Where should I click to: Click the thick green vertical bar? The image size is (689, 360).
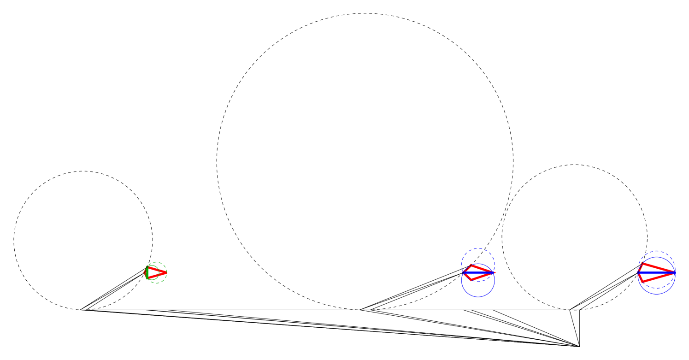pyautogui.click(x=147, y=273)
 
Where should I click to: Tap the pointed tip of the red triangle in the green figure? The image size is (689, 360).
pyautogui.click(x=166, y=272)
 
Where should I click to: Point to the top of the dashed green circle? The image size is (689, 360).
pyautogui.click(x=157, y=262)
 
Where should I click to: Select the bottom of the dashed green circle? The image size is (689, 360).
pyautogui.click(x=157, y=283)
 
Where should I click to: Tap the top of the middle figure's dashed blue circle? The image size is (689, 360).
pyautogui.click(x=478, y=248)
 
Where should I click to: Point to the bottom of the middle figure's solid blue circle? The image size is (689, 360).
pyautogui.click(x=478, y=297)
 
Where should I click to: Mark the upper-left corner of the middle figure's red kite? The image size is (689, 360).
pyautogui.click(x=471, y=266)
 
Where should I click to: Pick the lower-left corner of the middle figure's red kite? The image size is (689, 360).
pyautogui.click(x=471, y=279)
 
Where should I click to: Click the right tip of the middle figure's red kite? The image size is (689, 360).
pyautogui.click(x=495, y=272)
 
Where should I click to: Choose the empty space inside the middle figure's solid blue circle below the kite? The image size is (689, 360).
pyautogui.click(x=478, y=288)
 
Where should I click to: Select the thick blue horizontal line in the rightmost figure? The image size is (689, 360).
pyautogui.click(x=656, y=272)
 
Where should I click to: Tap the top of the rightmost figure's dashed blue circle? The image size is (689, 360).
pyautogui.click(x=656, y=251)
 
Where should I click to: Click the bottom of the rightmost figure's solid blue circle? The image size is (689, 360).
pyautogui.click(x=656, y=294)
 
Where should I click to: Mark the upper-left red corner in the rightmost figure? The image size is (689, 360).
pyautogui.click(x=642, y=264)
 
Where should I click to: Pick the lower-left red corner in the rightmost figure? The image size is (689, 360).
pyautogui.click(x=642, y=281)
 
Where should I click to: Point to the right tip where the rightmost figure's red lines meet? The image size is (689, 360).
pyautogui.click(x=675, y=272)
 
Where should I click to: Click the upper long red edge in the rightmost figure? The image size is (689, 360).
pyautogui.click(x=659, y=268)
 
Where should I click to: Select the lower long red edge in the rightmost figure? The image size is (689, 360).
pyautogui.click(x=659, y=277)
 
